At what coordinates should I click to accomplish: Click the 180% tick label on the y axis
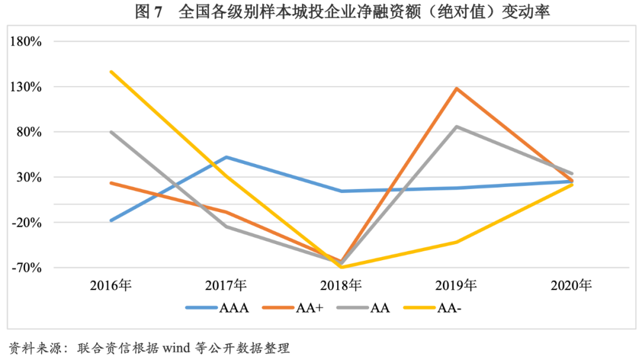[24, 42]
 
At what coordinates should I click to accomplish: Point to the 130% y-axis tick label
[24, 87]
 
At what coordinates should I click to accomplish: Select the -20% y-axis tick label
[26, 223]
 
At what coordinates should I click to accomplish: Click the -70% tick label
[26, 268]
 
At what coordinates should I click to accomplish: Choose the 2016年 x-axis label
[111, 285]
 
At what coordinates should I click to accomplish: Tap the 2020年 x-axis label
[571, 285]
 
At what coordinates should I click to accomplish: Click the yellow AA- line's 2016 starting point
[111, 72]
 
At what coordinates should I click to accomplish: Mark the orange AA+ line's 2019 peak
[456, 89]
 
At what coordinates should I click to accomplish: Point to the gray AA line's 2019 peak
[456, 127]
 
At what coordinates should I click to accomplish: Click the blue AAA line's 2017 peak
[226, 157]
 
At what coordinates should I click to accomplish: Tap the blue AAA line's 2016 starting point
[111, 220]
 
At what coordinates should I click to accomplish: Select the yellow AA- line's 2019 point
[456, 242]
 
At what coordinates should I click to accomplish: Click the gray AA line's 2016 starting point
[111, 132]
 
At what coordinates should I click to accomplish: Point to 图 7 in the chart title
[149, 12]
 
